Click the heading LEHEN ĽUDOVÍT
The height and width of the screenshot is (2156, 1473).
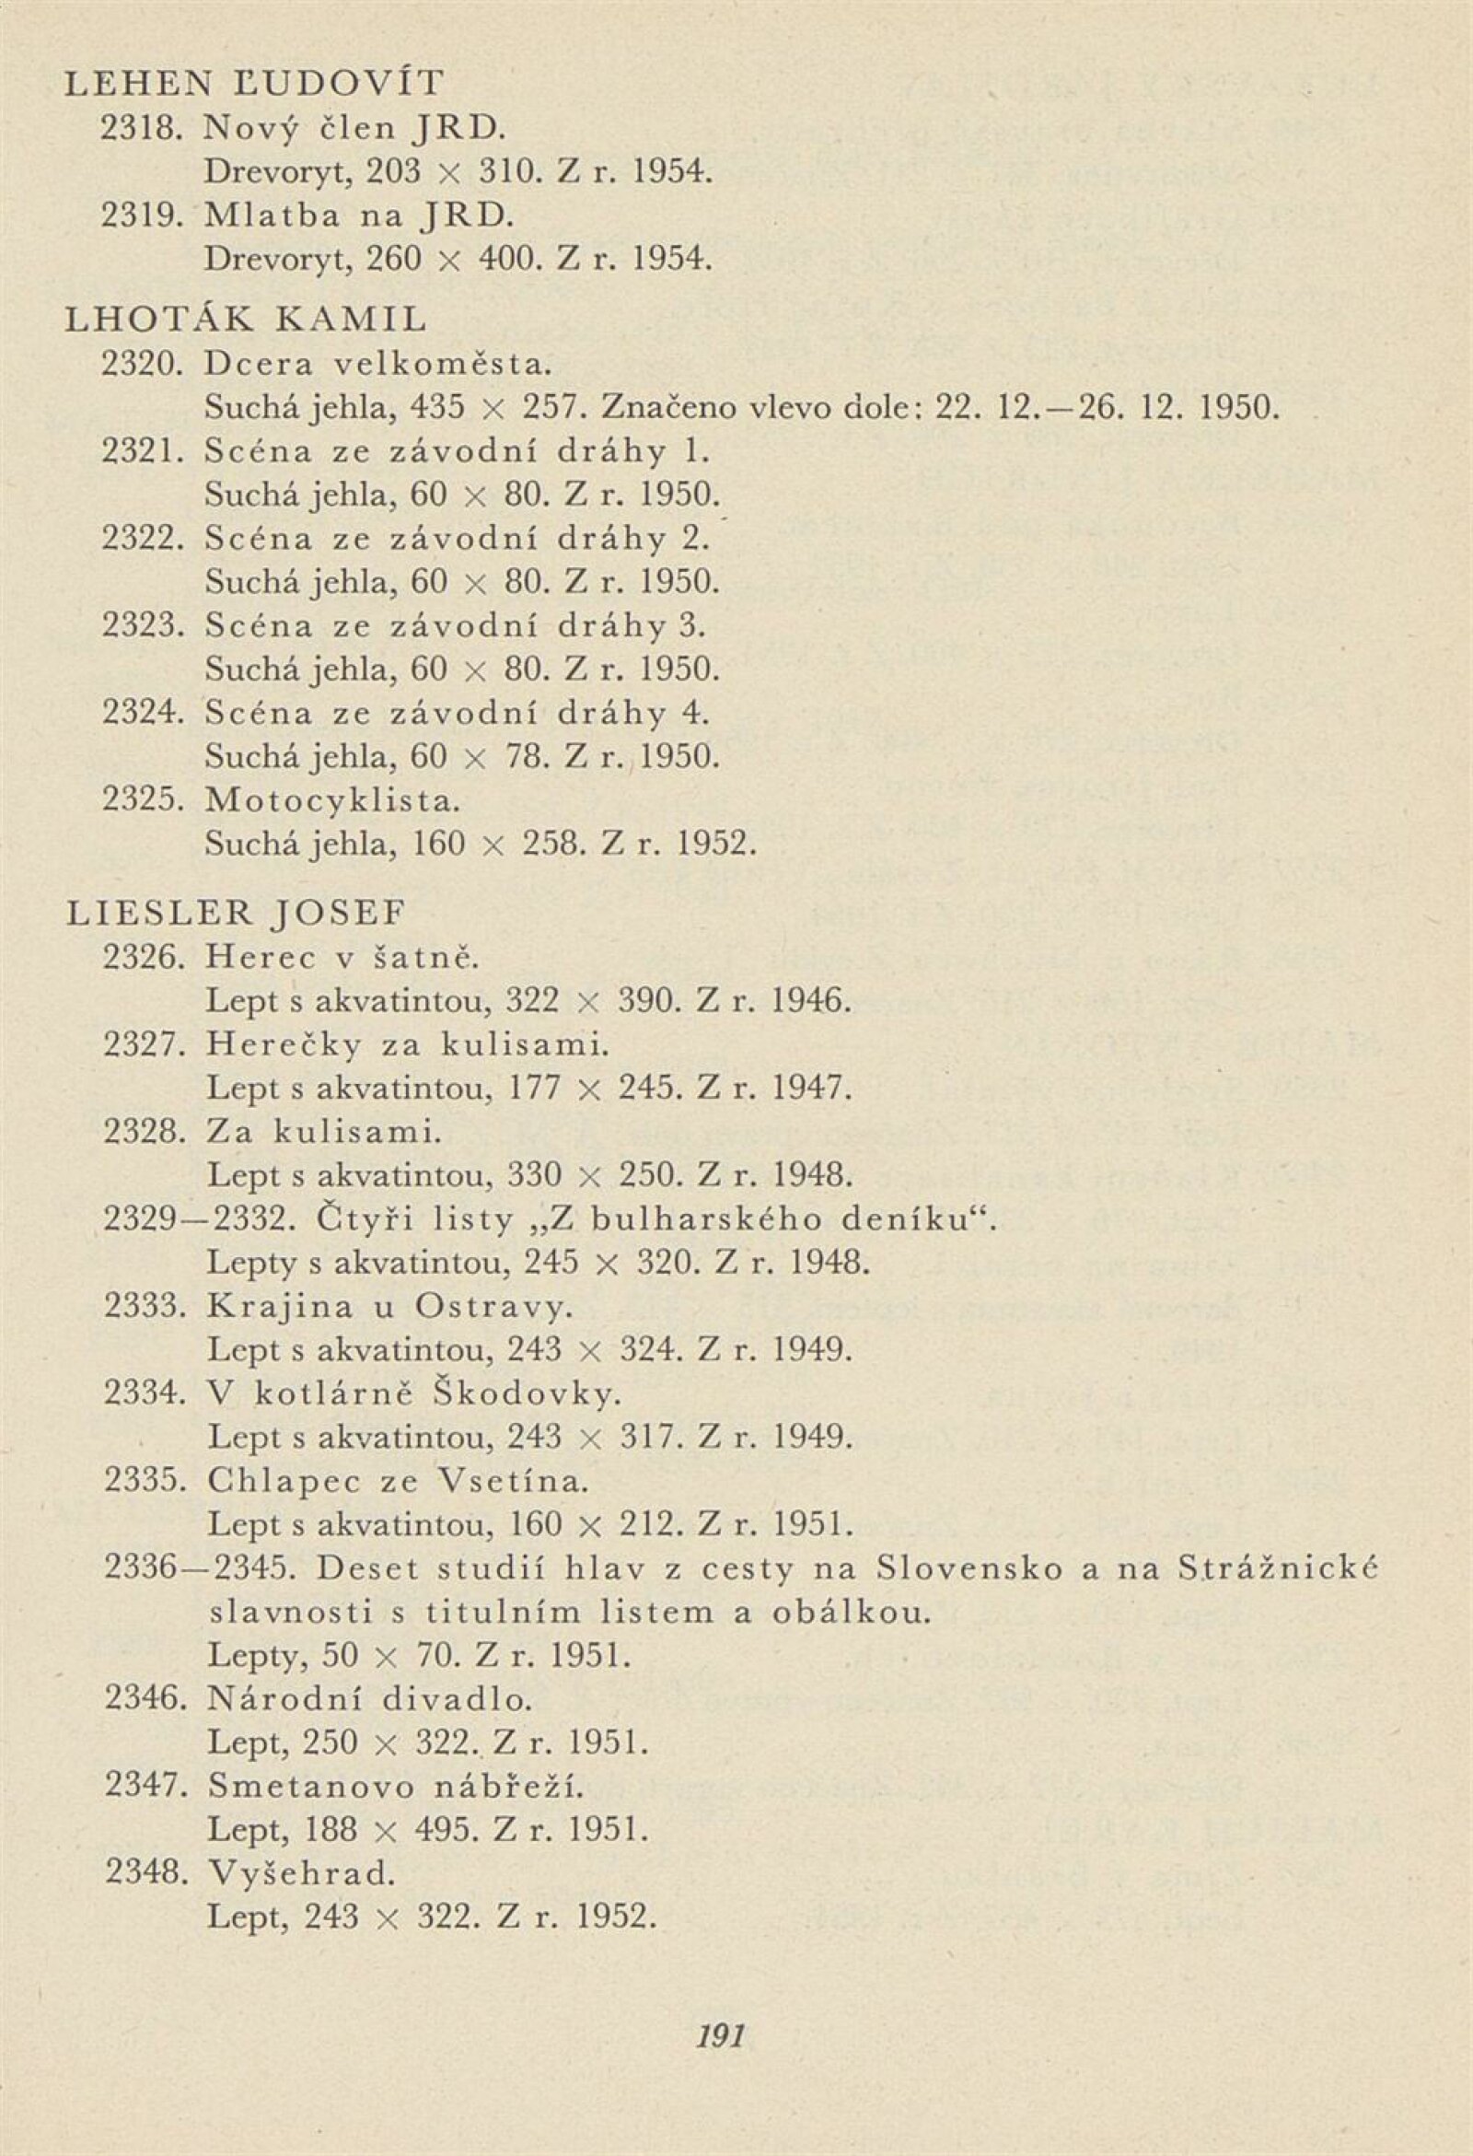tap(254, 85)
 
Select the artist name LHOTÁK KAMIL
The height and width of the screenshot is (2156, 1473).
tap(247, 320)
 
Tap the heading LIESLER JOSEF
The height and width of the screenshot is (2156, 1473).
tap(237, 914)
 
